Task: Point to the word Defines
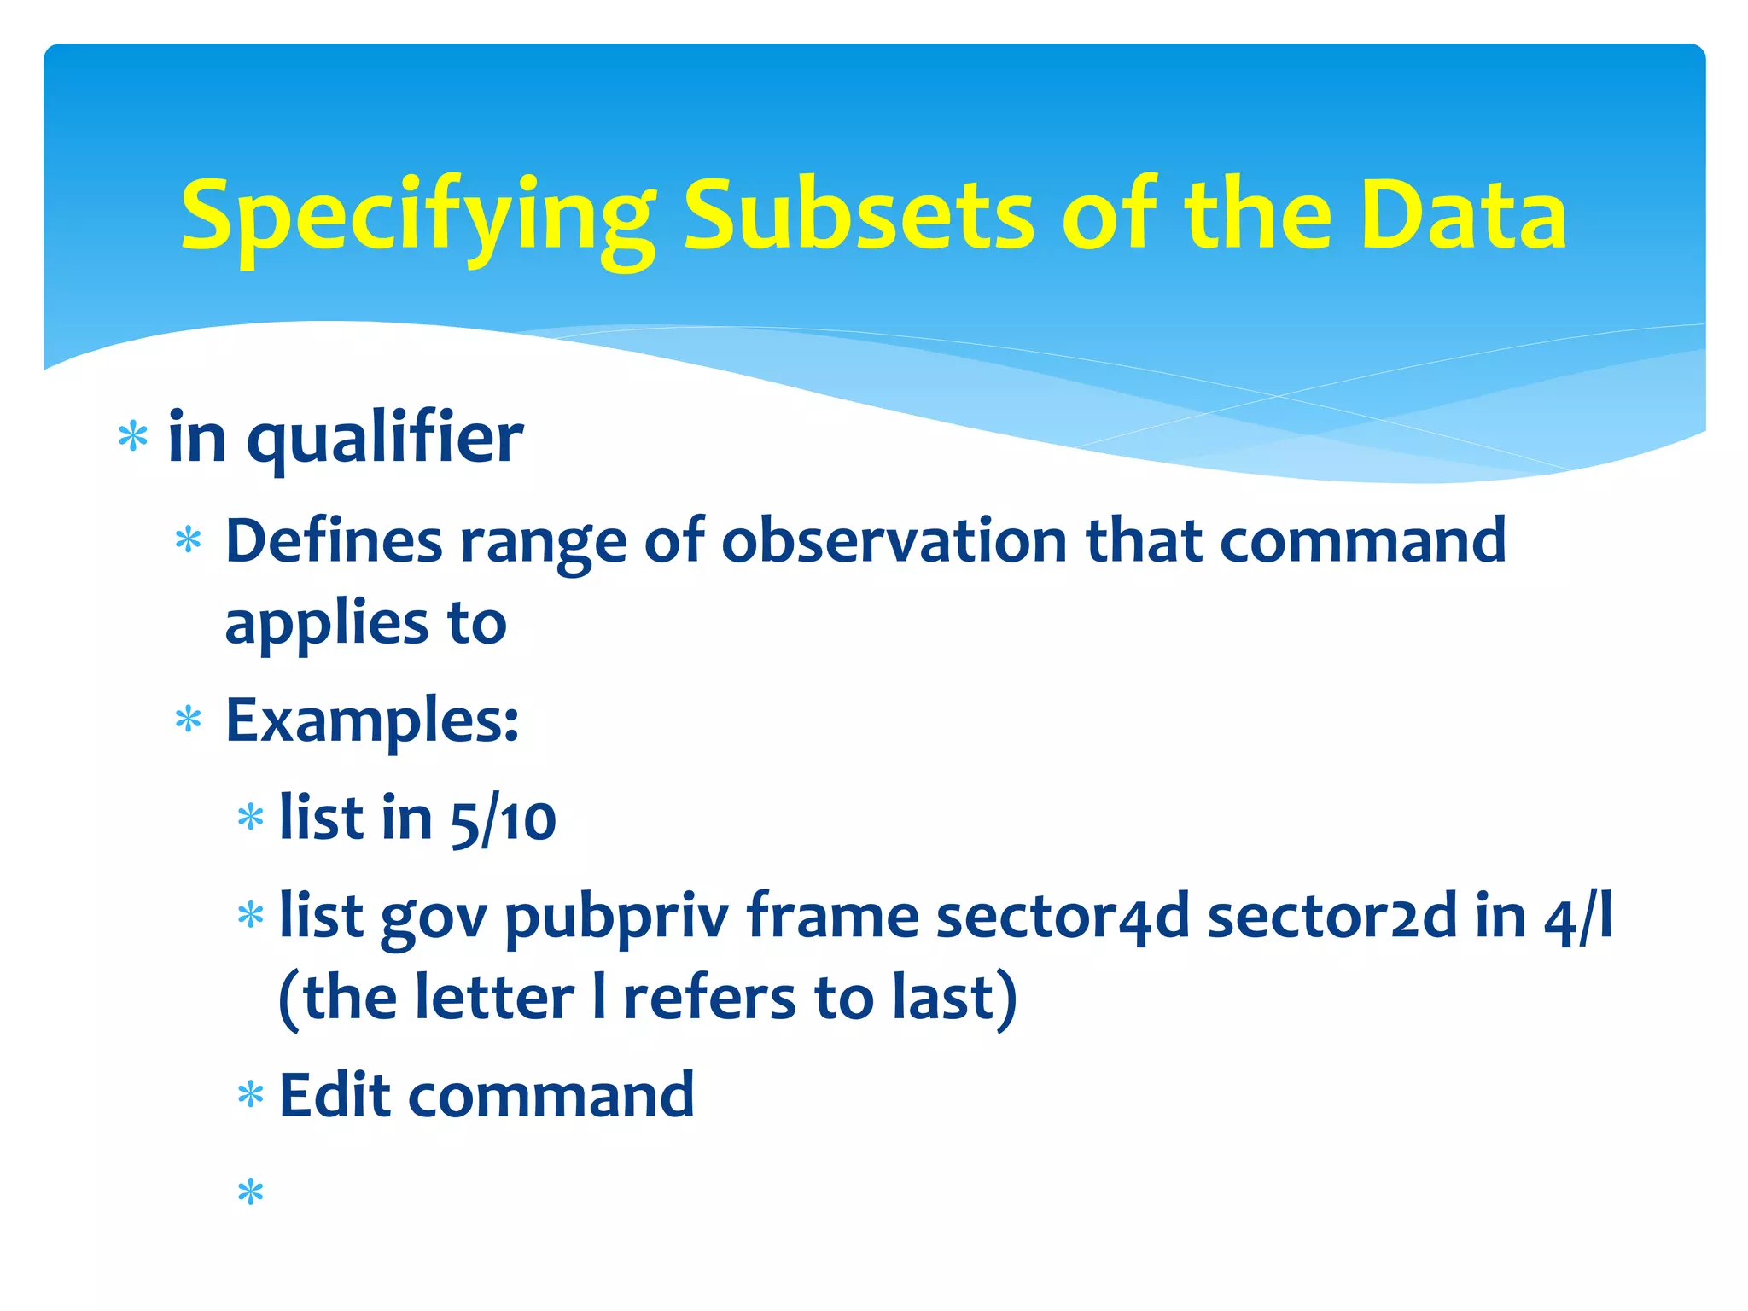(334, 541)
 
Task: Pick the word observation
(894, 541)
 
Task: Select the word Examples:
(372, 721)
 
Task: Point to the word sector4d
(1063, 917)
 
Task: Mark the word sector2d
(1331, 917)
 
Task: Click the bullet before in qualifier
(133, 437)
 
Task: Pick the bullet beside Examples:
(188, 720)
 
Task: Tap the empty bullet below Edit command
(250, 1192)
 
